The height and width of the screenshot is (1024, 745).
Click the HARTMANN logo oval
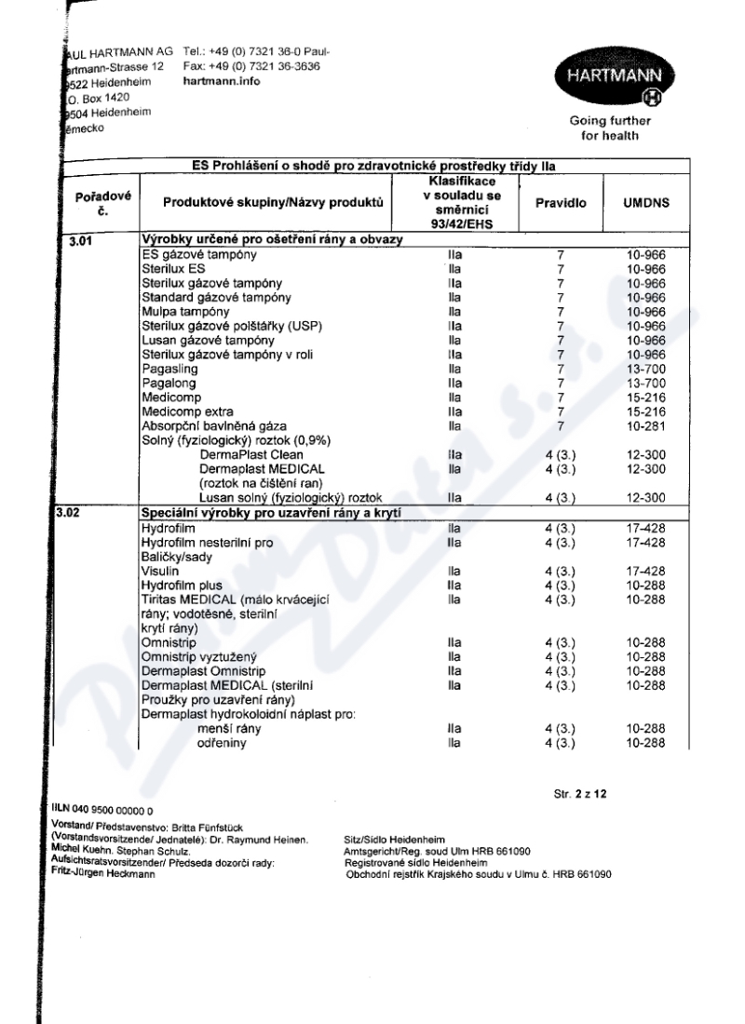pos(610,77)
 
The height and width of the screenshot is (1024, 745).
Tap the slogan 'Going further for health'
pos(610,128)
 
